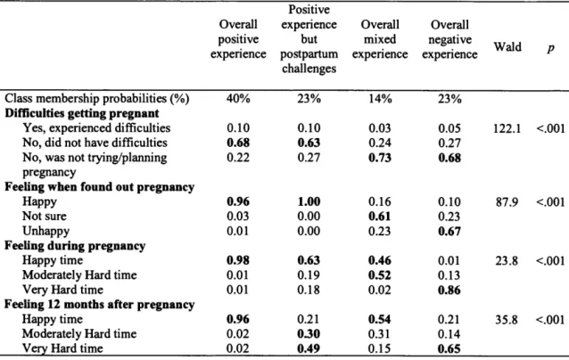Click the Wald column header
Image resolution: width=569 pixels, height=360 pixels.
507,46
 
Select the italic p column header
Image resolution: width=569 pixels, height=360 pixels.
550,48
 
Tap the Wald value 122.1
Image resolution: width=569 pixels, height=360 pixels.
507,128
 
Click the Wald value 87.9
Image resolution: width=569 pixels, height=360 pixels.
507,202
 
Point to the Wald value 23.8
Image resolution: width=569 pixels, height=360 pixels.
507,261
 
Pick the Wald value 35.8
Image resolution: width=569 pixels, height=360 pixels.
507,320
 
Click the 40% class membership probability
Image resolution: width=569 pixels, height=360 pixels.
238,99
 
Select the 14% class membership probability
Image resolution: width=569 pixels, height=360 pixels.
380,99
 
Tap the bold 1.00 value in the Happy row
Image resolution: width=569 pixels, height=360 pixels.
309,201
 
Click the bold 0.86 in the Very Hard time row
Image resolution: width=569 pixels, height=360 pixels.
449,290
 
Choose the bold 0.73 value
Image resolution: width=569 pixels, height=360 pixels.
380,158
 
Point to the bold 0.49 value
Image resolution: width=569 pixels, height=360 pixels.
309,348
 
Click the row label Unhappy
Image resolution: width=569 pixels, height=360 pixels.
45,231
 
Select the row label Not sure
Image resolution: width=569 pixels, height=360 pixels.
45,216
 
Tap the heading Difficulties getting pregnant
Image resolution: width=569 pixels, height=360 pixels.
82,113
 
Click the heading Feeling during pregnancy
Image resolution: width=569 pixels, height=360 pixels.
75,246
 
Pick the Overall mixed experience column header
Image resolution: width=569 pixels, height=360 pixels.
380,39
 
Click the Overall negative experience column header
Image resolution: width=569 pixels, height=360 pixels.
449,39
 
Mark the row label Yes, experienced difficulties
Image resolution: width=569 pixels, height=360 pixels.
96,128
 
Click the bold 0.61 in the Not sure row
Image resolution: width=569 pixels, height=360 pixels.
380,217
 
